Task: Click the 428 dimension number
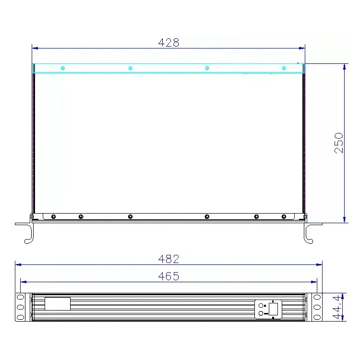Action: tap(168, 43)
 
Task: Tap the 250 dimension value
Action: tap(339, 143)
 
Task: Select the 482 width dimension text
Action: tap(168, 259)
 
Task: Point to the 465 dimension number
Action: tap(168, 276)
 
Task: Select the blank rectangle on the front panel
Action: tap(58, 303)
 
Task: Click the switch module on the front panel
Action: tap(268, 309)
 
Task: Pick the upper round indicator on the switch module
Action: tap(261, 305)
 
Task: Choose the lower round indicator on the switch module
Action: tap(261, 313)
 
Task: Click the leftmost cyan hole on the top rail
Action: tap(62, 68)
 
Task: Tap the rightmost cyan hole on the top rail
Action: tap(284, 68)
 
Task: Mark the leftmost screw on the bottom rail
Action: tap(53, 216)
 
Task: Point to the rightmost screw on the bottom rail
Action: tap(284, 216)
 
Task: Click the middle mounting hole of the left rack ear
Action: tap(20, 307)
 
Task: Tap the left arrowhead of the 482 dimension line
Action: tap(17, 264)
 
